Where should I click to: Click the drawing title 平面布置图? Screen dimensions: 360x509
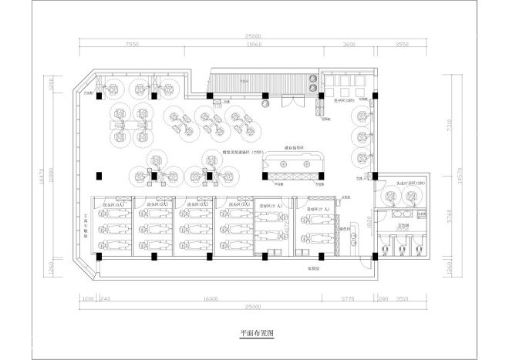tap(257, 334)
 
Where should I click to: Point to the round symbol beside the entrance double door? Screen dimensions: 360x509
tap(265, 102)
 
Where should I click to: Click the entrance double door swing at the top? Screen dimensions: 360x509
tap(290, 101)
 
